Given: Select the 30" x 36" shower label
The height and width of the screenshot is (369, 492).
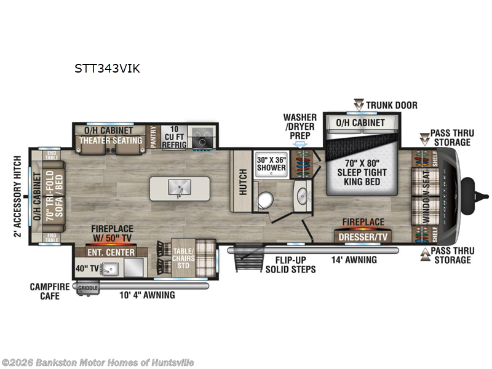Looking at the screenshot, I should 271,163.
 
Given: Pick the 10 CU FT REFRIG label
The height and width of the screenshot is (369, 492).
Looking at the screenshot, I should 170,137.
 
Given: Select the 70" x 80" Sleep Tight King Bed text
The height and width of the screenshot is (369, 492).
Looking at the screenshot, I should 357,173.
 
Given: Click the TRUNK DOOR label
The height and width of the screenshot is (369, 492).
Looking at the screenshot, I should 391,105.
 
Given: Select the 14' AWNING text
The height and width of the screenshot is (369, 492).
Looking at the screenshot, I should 355,260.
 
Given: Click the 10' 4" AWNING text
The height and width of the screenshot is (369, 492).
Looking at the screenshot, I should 147,295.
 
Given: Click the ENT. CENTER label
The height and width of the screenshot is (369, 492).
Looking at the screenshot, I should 112,253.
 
